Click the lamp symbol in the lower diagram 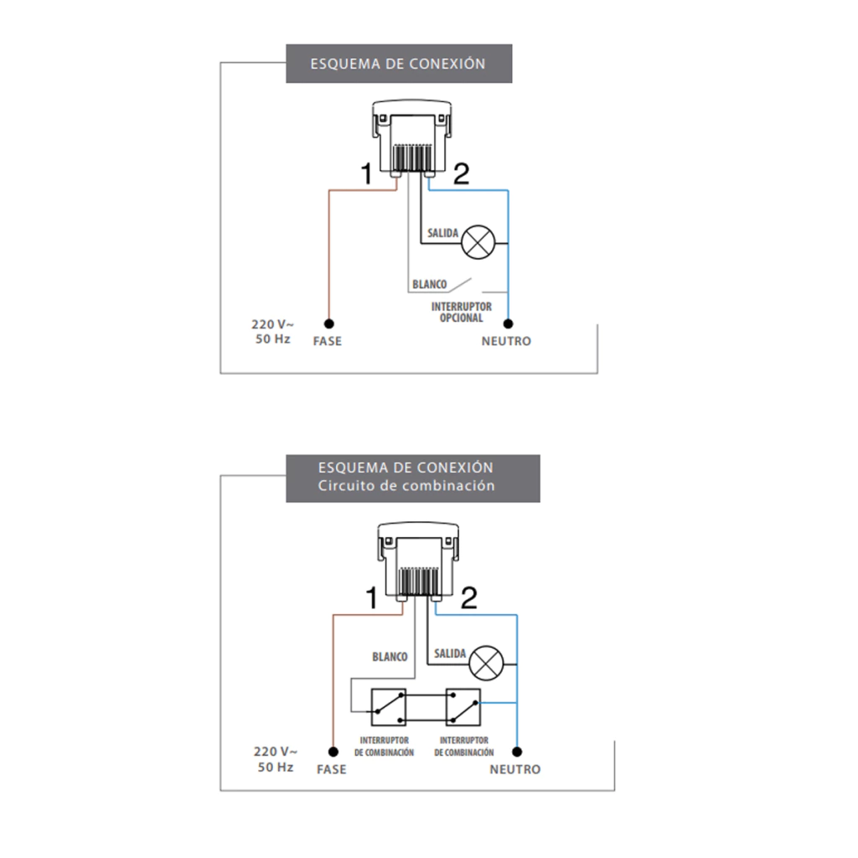point(484,664)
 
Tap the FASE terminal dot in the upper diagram point(329,323)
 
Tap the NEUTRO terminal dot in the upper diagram point(508,323)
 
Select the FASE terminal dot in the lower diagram point(333,751)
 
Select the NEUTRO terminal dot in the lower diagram point(517,751)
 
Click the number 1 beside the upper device point(365,174)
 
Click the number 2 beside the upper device point(462,174)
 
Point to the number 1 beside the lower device point(372,598)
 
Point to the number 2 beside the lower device point(469,598)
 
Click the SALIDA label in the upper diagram point(443,233)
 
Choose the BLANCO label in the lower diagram point(390,657)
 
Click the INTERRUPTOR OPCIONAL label point(462,313)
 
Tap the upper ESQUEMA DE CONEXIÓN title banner point(399,64)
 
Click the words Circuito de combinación point(406,486)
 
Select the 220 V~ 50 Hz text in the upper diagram point(273,332)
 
